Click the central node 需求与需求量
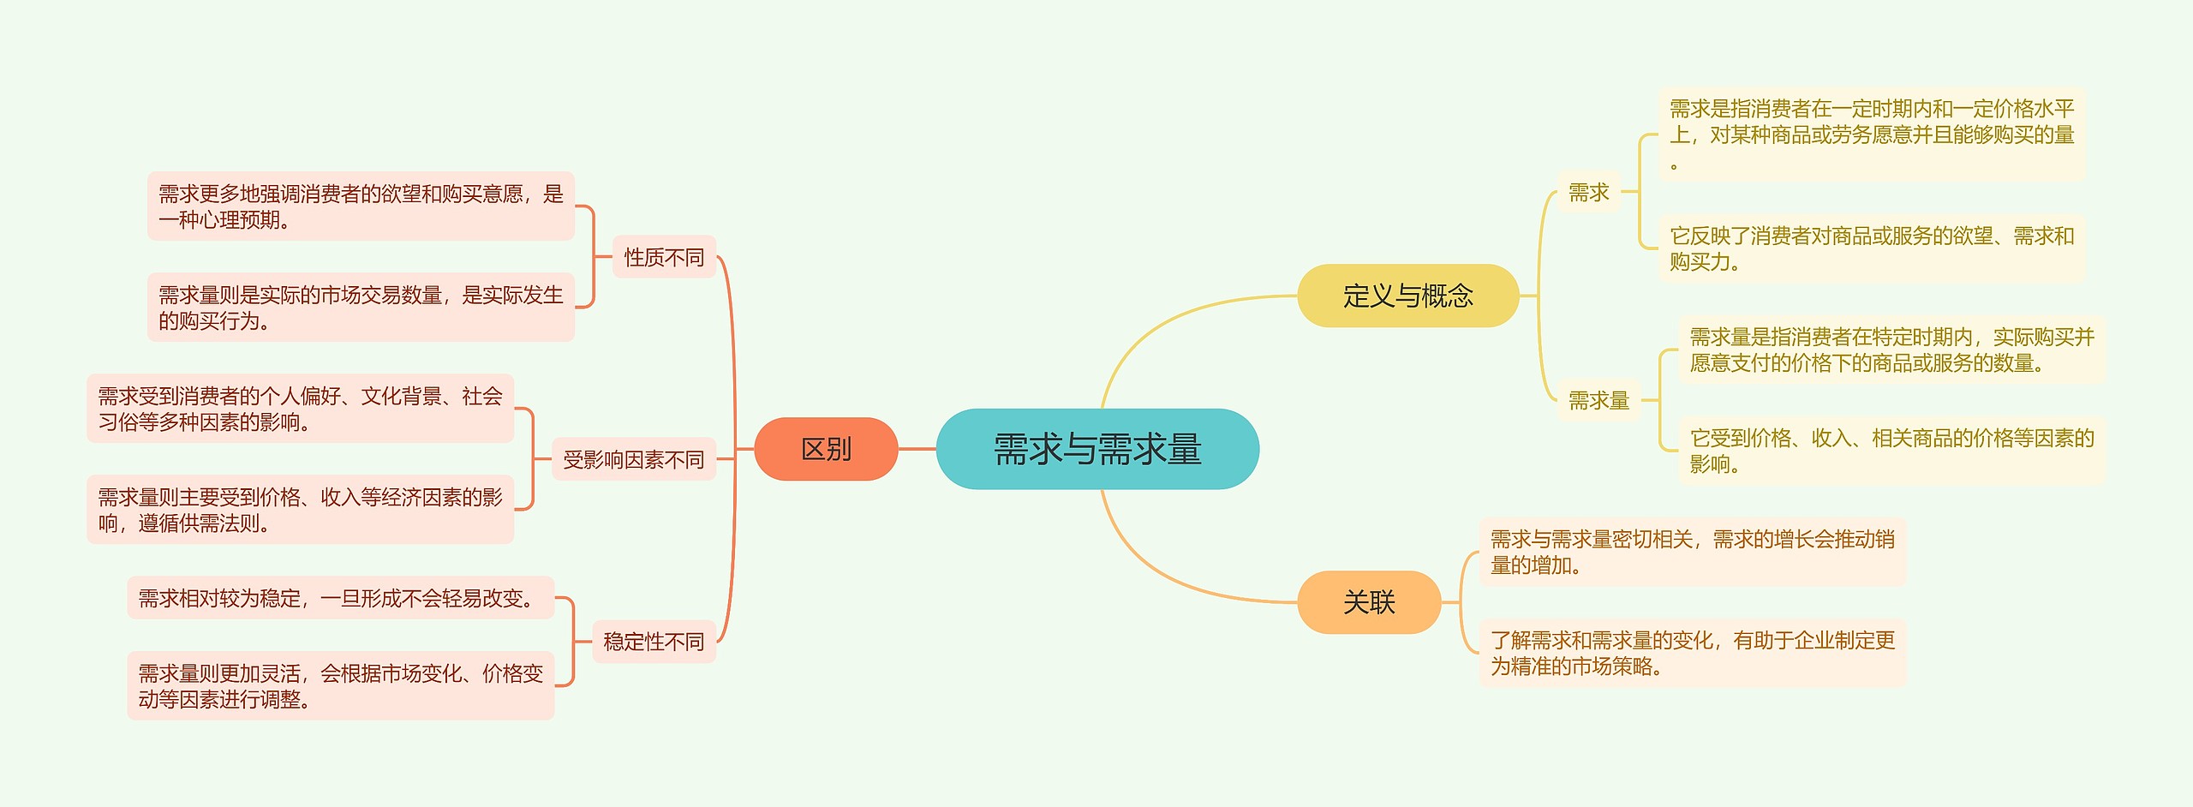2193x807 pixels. click(1097, 449)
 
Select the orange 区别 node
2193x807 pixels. click(826, 449)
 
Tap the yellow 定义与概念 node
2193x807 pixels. click(1407, 296)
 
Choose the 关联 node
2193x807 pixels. click(1369, 602)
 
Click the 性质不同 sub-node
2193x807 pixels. click(664, 257)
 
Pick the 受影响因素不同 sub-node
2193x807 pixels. click(633, 459)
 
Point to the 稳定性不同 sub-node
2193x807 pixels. click(654, 642)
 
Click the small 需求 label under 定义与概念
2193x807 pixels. click(1589, 192)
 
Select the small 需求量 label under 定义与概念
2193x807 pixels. click(1598, 400)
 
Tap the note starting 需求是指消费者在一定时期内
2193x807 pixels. click(1872, 134)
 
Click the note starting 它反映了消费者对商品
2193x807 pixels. click(1872, 248)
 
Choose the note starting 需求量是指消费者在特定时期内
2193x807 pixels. click(1891, 350)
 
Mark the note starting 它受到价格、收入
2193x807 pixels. click(1891, 451)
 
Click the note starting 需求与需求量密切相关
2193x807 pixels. click(1693, 552)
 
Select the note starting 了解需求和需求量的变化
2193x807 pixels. click(1693, 653)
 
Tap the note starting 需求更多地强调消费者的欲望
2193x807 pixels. click(361, 206)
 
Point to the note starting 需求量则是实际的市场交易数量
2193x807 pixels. click(361, 308)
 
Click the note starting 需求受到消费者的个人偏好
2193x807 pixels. click(300, 409)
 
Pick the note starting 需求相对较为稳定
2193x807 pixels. click(341, 597)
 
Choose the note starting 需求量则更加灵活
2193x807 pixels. click(341, 686)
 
